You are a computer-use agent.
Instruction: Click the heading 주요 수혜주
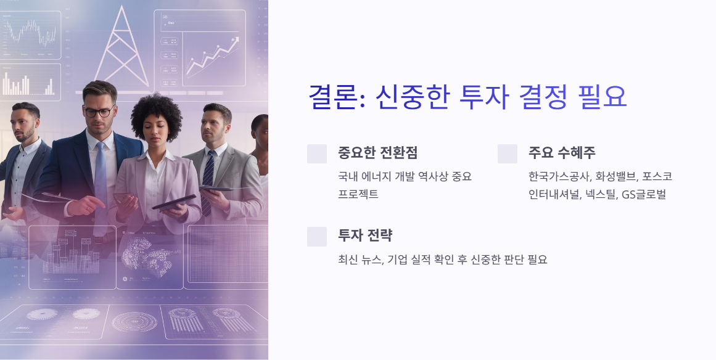(562, 153)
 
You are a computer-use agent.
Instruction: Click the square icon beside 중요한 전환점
(317, 154)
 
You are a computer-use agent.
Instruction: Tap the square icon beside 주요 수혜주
(508, 154)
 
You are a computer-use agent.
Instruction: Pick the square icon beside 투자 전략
(317, 237)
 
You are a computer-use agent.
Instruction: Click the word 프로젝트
(358, 195)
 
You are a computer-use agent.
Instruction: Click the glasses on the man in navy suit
(98, 112)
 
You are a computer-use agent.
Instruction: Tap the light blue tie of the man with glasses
(100, 179)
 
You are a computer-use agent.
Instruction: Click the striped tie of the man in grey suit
(208, 179)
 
